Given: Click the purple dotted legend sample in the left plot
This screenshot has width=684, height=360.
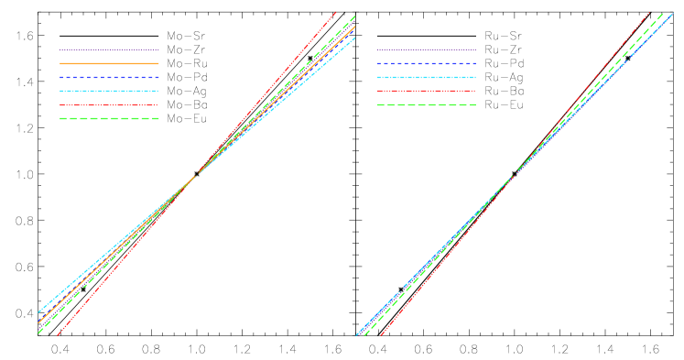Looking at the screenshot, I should point(109,49).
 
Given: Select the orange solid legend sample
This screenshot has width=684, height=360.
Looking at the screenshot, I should point(109,63).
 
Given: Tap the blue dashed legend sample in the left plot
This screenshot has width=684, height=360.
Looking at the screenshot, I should point(109,77).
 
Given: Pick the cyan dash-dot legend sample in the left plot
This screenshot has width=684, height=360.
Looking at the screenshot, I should point(109,91).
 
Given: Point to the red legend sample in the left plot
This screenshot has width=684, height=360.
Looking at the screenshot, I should point(109,104).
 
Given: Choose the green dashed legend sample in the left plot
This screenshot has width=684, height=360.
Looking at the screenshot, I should point(109,118).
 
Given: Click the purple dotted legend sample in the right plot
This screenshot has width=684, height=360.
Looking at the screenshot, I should point(426,49).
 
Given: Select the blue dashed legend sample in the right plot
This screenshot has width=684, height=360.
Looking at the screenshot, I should point(426,63).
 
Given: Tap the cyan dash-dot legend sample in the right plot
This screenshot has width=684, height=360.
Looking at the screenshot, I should point(426,77).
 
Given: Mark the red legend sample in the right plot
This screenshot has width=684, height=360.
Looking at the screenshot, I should point(426,91).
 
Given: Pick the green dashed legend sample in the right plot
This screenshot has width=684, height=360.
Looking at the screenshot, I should point(426,104).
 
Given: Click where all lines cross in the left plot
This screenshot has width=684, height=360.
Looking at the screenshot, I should point(195,175).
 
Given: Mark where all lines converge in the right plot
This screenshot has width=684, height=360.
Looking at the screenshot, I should point(513,176).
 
